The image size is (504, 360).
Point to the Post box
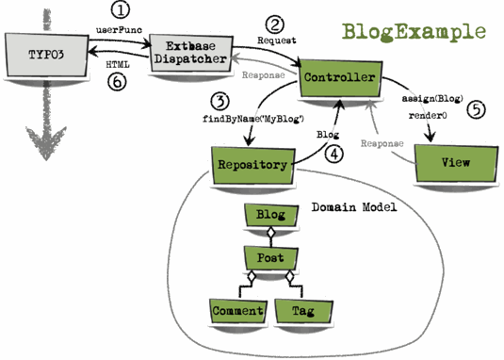click(270, 255)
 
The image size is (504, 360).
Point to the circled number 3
click(220, 99)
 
